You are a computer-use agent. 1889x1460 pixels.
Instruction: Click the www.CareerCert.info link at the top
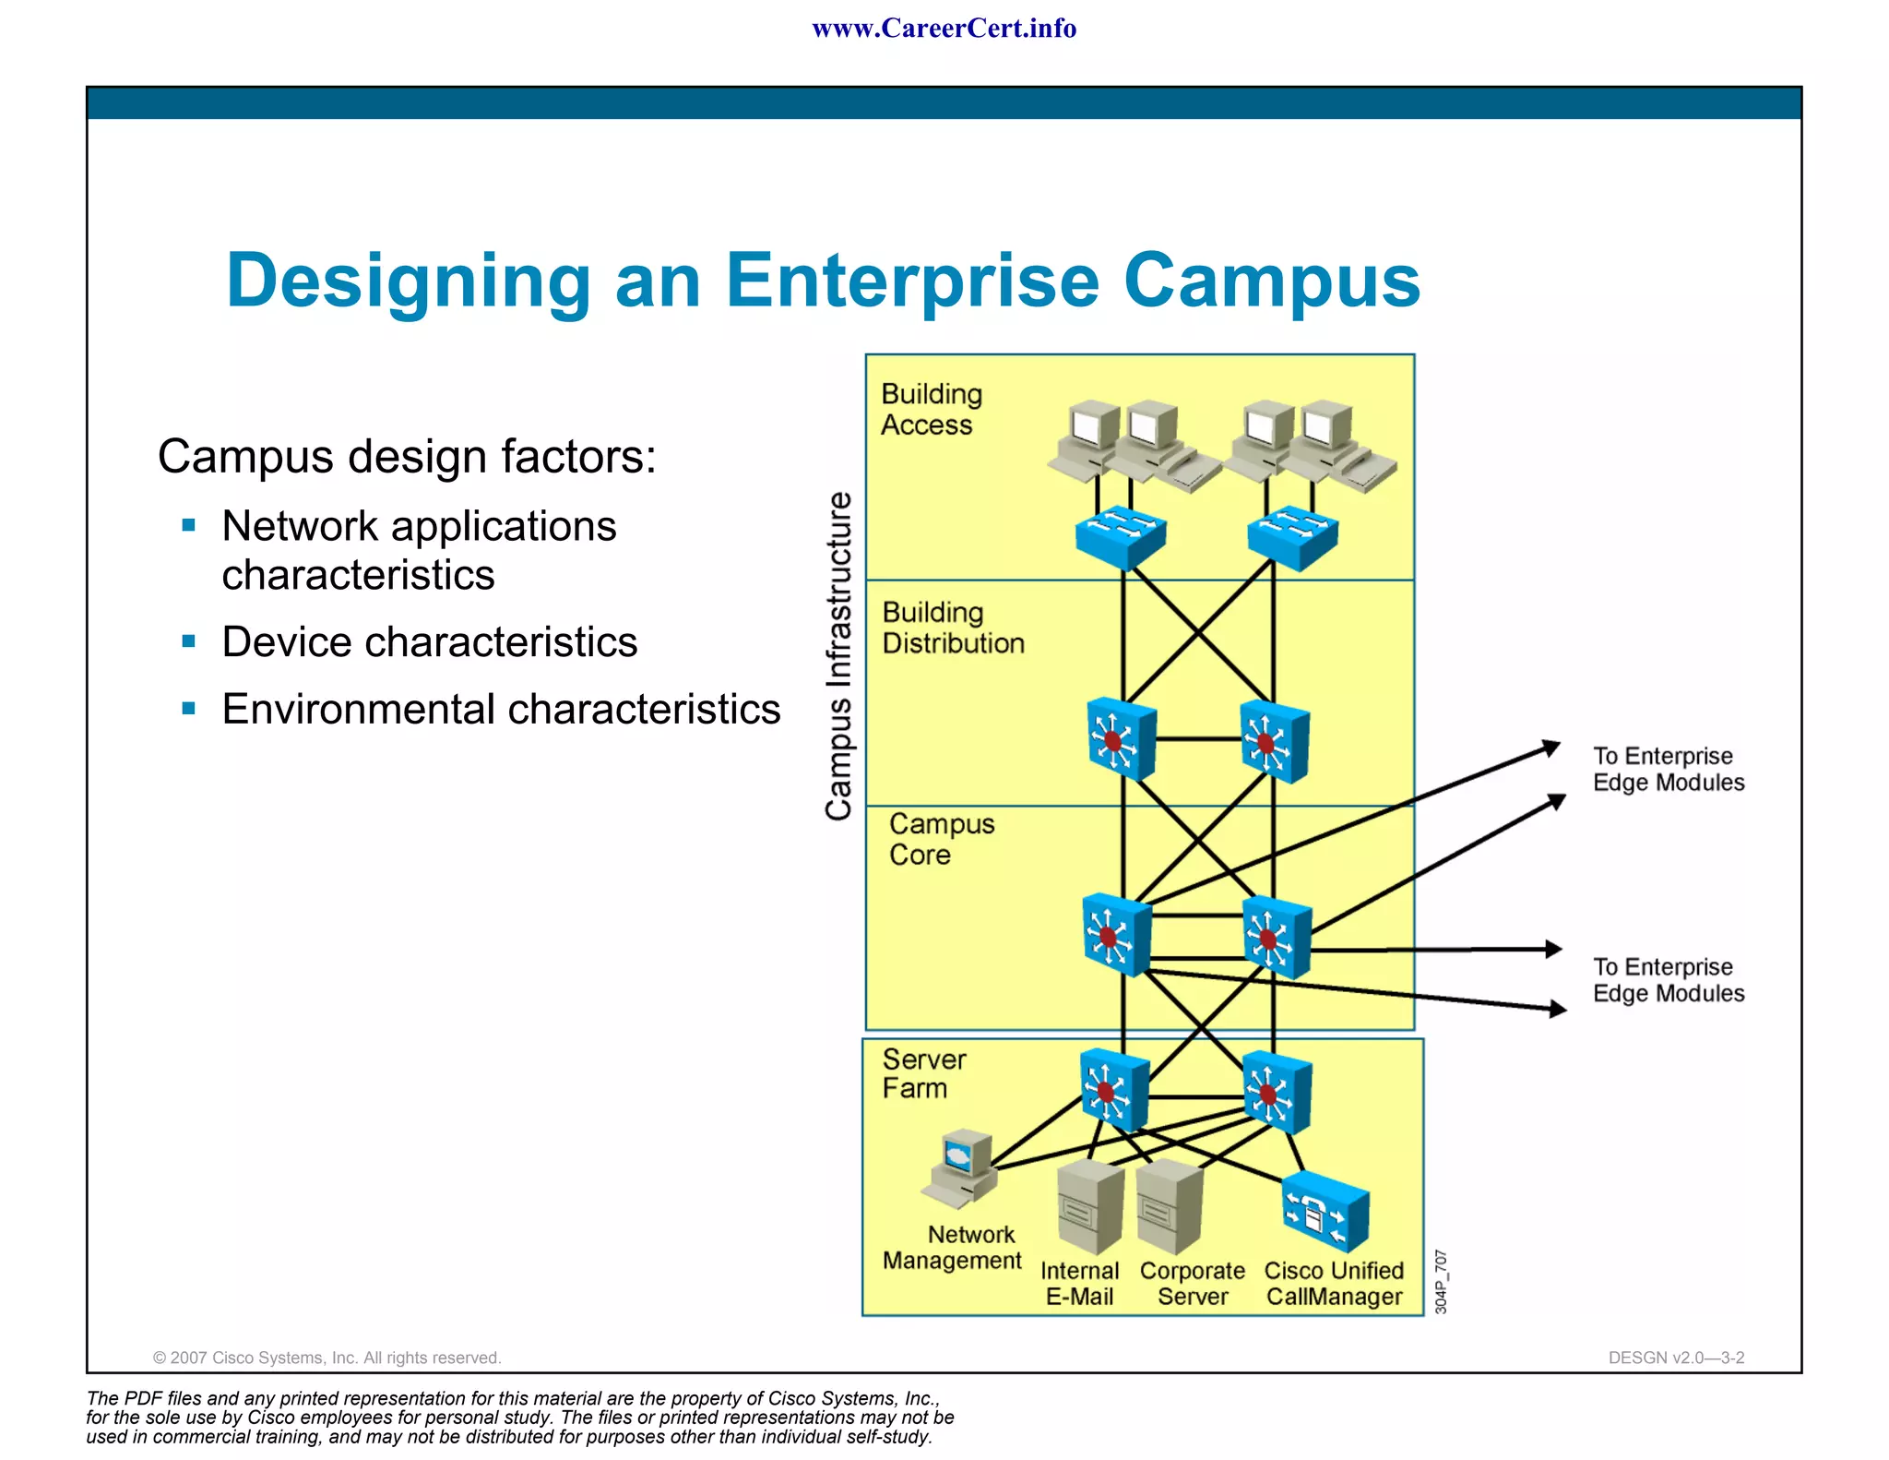click(944, 29)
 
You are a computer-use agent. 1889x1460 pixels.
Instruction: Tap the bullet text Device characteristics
click(429, 642)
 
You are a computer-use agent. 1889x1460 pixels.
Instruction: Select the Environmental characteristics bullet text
click(501, 710)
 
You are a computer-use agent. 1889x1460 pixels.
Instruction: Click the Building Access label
click(931, 409)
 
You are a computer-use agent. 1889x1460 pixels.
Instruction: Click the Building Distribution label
click(952, 628)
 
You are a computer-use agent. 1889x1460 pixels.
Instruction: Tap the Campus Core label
click(941, 839)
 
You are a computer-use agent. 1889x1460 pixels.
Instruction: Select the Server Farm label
click(923, 1073)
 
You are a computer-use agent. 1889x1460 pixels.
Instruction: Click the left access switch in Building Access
click(1121, 537)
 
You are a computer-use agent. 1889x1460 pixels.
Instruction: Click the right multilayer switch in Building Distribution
click(1274, 741)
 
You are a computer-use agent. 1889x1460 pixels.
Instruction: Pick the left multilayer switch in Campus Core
click(1116, 934)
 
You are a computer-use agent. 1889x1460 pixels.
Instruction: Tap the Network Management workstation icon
click(960, 1168)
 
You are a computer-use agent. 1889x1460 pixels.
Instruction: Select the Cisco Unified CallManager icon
click(1325, 1212)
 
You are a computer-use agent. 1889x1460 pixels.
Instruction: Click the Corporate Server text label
click(1192, 1284)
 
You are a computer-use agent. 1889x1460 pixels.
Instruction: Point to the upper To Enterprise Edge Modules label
click(1668, 769)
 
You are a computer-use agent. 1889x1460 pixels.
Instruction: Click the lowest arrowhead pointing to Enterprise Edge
click(1556, 1009)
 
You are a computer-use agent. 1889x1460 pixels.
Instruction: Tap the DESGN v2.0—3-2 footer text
click(1676, 1358)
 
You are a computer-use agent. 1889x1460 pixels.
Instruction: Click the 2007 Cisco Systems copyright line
click(327, 1358)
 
